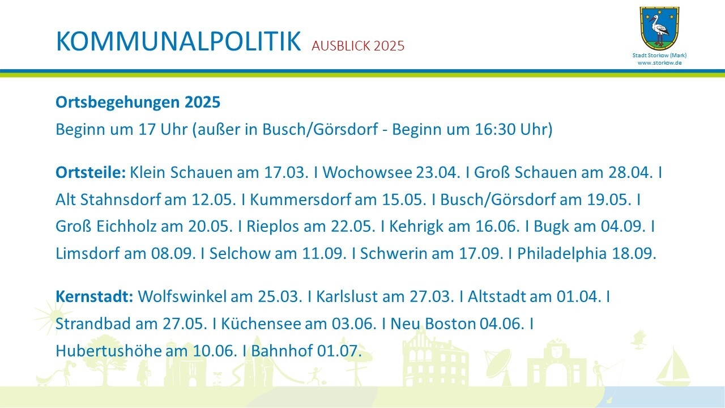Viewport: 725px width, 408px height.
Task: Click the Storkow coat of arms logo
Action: coord(659,28)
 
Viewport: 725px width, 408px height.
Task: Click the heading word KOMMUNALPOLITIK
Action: coord(178,42)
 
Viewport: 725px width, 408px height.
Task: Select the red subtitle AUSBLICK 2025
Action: coord(358,46)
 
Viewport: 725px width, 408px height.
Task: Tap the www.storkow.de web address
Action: coord(659,63)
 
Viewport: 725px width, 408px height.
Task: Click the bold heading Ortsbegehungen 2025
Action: coord(138,103)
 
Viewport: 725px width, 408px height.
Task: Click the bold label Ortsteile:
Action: coord(90,172)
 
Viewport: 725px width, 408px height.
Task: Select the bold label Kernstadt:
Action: coord(94,296)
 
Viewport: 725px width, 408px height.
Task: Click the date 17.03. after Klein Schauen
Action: coord(286,172)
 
